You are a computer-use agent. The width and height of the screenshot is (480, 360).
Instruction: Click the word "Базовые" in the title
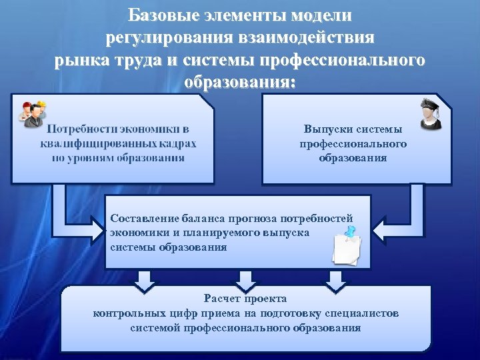157,14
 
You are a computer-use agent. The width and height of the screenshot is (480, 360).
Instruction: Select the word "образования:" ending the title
240,83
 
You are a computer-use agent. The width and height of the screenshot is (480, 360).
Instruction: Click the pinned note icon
347,247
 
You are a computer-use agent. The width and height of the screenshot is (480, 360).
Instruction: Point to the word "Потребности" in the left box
80,128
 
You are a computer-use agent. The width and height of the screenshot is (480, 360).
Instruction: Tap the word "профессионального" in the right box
353,143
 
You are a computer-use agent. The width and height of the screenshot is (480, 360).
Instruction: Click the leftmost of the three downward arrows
145,281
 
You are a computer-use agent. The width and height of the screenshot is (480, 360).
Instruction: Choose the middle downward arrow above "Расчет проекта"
245,281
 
